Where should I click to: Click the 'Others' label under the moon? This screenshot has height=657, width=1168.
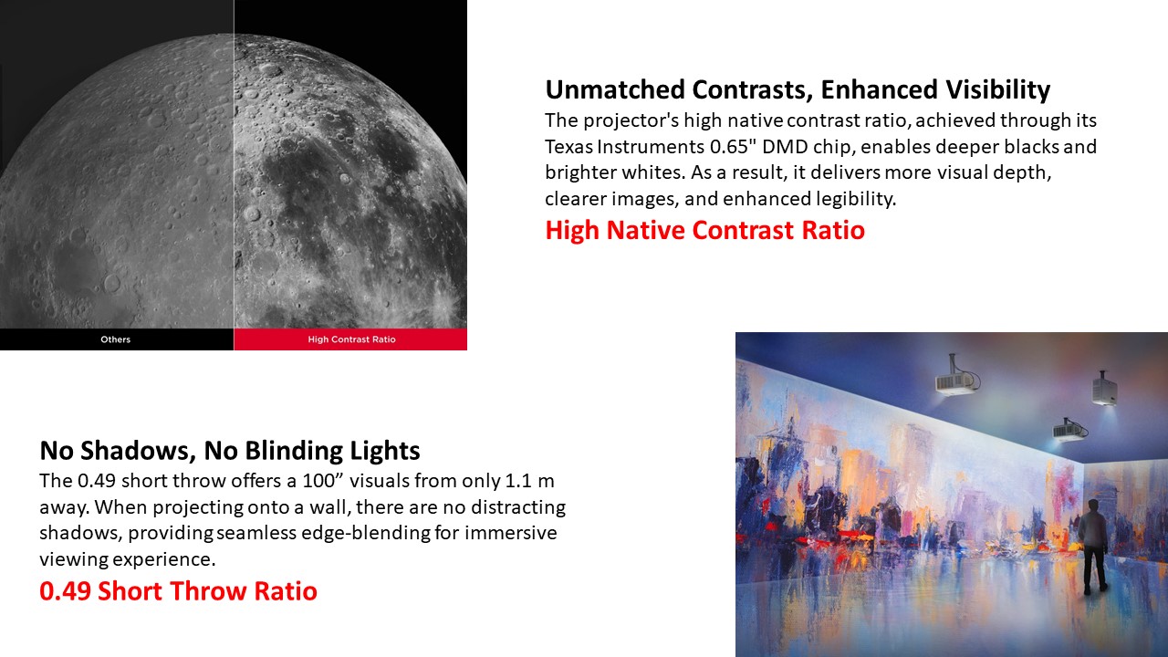coord(115,339)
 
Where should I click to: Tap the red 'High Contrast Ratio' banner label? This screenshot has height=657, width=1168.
coord(351,339)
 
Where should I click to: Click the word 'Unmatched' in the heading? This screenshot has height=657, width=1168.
coord(615,89)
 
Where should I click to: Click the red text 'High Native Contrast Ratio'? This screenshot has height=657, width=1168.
coord(705,230)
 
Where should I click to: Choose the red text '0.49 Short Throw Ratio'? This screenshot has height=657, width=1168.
coord(178,590)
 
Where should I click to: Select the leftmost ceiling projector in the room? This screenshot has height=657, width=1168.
coord(955,377)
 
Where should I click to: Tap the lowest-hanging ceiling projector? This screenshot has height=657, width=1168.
coord(1069,430)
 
